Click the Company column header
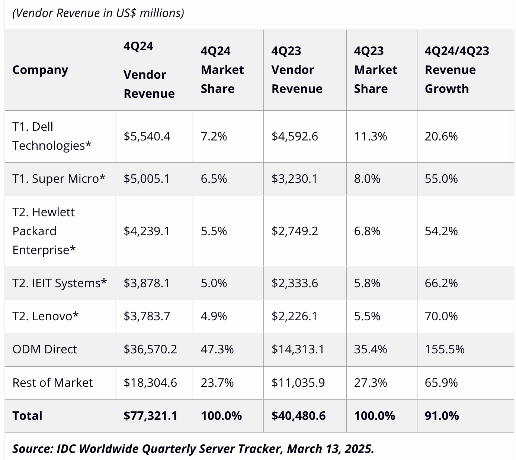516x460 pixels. [40, 70]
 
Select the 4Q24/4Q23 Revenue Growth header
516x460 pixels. [457, 70]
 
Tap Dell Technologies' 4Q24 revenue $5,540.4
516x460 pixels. [147, 136]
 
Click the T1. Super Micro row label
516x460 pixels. [59, 179]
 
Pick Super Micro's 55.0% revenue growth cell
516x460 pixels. [441, 179]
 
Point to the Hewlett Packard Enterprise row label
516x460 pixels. [44, 231]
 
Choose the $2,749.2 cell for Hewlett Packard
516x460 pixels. [295, 231]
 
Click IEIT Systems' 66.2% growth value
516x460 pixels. [441, 283]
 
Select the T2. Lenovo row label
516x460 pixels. [45, 316]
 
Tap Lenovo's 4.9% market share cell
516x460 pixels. [214, 316]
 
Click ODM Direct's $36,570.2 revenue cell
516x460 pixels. [150, 349]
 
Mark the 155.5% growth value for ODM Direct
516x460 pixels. [445, 349]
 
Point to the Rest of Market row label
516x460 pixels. [52, 383]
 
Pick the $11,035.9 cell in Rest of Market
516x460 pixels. [298, 383]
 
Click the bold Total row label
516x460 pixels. [27, 416]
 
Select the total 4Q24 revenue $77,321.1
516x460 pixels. [150, 416]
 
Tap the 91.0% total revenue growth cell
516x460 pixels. [442, 416]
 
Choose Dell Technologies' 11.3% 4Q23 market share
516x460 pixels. [371, 136]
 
